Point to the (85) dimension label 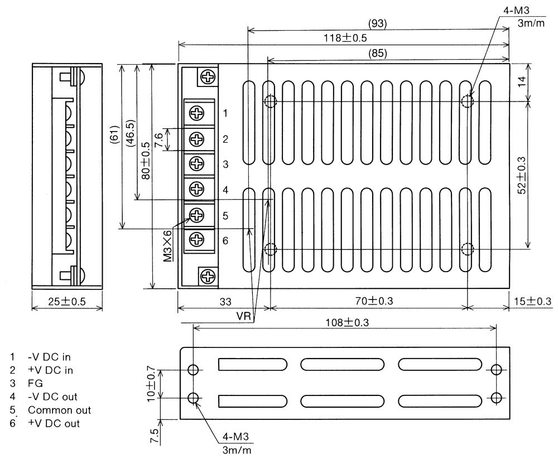378,53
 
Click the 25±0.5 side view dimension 66,301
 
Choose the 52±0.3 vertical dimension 521,175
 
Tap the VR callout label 243,316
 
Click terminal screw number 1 198,113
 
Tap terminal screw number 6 198,240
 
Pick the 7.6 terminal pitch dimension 159,139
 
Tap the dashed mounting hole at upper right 467,101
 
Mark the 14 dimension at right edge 521,81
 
